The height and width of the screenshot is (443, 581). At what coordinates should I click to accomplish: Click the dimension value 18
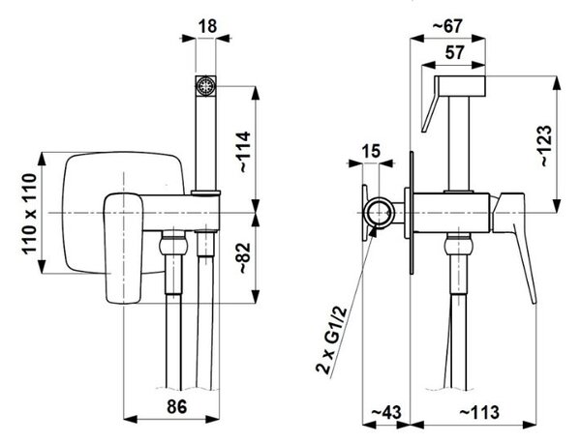207,27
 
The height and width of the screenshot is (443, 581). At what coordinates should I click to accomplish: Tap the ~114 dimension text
245,152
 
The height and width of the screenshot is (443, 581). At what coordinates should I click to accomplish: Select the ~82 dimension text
245,258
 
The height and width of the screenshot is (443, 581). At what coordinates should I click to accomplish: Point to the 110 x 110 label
30,214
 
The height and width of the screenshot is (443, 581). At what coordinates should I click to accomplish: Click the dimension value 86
177,407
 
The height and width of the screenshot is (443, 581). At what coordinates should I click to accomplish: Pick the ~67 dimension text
447,26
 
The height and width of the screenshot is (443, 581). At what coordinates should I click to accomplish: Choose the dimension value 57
454,52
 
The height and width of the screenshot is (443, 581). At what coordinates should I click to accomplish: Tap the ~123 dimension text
546,145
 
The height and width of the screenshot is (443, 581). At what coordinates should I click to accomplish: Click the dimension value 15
371,151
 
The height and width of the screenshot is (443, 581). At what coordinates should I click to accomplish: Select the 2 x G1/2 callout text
331,340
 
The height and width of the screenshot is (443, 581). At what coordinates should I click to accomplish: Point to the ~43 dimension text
385,412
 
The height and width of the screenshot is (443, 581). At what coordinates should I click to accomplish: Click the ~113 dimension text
479,412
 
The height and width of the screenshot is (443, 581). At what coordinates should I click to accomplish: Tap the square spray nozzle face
205,87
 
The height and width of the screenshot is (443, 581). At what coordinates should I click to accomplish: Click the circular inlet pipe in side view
379,214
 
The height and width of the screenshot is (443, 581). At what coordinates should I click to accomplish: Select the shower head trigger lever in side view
431,105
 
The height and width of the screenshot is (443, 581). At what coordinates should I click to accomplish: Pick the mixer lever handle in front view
123,248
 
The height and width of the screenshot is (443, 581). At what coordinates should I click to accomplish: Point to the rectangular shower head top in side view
460,85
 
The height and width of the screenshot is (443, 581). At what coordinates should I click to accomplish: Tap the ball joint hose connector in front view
172,245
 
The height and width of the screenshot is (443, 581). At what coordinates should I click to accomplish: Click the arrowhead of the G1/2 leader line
373,231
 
